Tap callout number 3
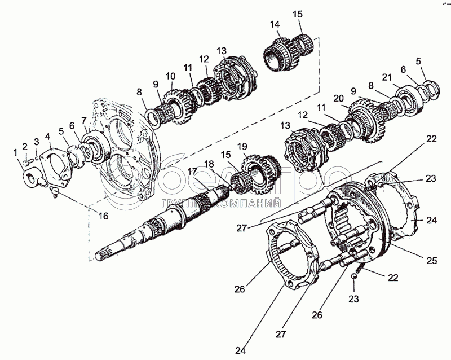click(x=37, y=142)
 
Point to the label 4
click(x=48, y=136)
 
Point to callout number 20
click(x=338, y=98)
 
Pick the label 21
click(x=386, y=77)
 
